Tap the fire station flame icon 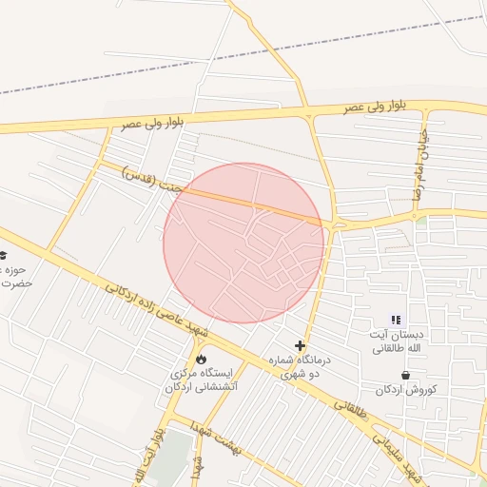202,359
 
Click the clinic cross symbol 301,346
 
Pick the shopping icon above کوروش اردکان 407,376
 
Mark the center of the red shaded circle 243,243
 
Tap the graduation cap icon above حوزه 3,255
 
